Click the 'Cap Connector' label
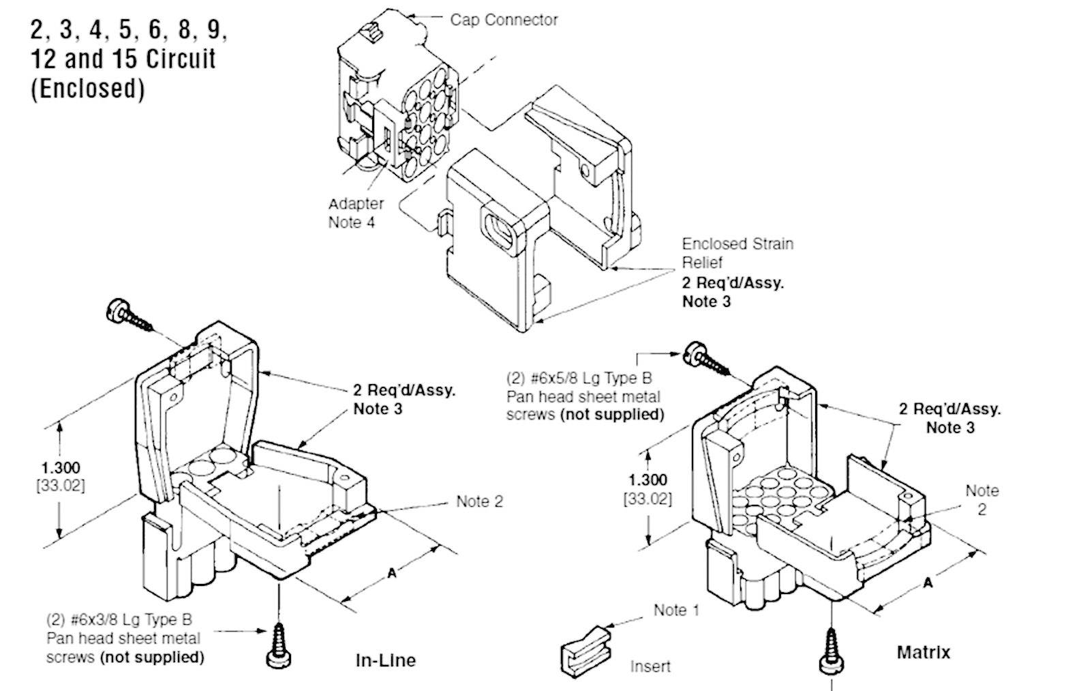click(x=504, y=20)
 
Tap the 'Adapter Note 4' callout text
click(x=356, y=213)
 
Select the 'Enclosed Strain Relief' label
click(x=737, y=252)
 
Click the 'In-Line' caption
click(x=385, y=660)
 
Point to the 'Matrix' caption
click(x=923, y=652)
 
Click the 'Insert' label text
click(x=650, y=666)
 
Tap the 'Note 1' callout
click(x=676, y=610)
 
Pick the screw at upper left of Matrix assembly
click(x=707, y=357)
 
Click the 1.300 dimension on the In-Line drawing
click(x=61, y=468)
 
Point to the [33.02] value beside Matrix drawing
click(x=648, y=498)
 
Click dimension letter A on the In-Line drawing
click(x=391, y=573)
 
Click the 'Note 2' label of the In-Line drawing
click(x=479, y=501)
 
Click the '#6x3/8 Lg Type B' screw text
click(x=119, y=620)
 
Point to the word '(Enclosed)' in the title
click(x=87, y=89)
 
